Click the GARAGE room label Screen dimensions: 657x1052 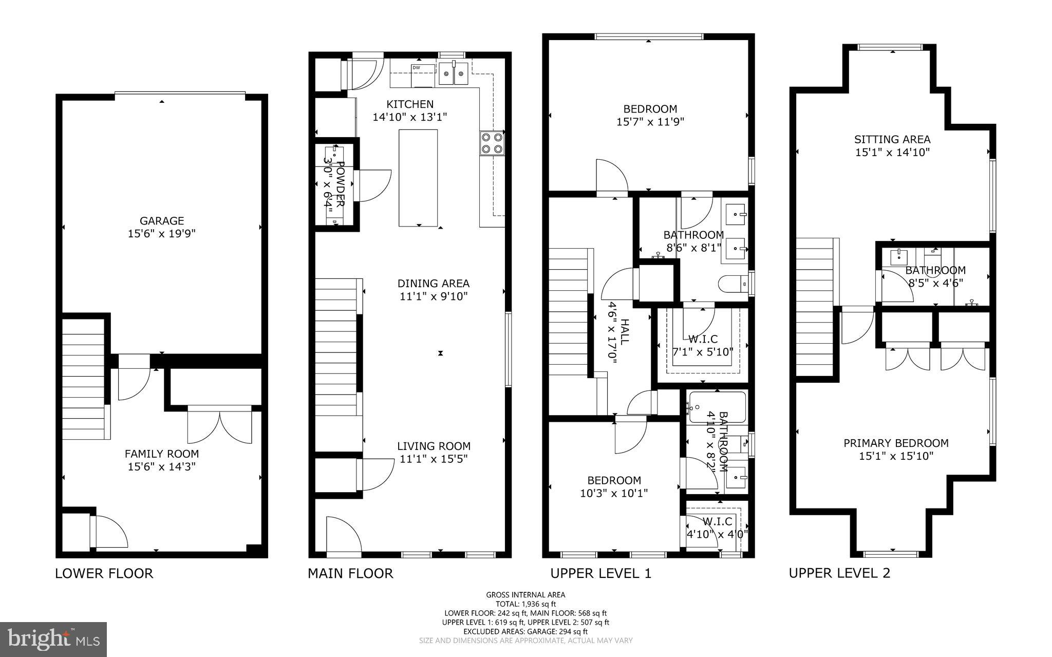coord(162,221)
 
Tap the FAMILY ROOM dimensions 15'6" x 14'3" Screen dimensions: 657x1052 coord(162,467)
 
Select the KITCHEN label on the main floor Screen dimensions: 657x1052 coord(410,104)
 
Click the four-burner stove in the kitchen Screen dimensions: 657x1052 coord(492,143)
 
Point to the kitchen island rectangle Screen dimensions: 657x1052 coord(419,178)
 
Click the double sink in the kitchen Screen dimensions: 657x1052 coord(454,73)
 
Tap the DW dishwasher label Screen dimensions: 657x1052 coord(416,67)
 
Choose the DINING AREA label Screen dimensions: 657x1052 coord(433,284)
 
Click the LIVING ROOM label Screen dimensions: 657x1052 coord(434,446)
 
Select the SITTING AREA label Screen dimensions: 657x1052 coord(892,139)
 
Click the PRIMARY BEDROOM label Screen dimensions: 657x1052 coord(896,443)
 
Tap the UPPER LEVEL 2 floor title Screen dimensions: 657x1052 coord(839,573)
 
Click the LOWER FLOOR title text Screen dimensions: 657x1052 coord(104,573)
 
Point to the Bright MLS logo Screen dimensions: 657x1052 coord(53,639)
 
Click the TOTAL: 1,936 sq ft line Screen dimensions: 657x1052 coord(525,604)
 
